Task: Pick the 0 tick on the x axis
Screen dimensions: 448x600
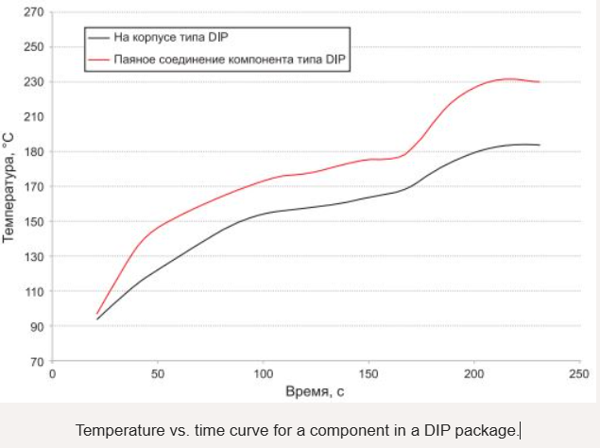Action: [x=53, y=374]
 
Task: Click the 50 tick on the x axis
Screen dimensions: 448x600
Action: [x=158, y=374]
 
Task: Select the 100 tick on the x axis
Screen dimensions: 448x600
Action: [x=263, y=374]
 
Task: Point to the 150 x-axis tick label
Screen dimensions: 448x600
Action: [x=369, y=374]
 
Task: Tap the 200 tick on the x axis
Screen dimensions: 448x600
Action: [x=473, y=374]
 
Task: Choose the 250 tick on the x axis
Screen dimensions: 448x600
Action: [x=578, y=374]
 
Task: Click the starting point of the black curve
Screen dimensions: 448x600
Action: [x=96, y=319]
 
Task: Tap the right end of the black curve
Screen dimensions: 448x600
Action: [x=539, y=145]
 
